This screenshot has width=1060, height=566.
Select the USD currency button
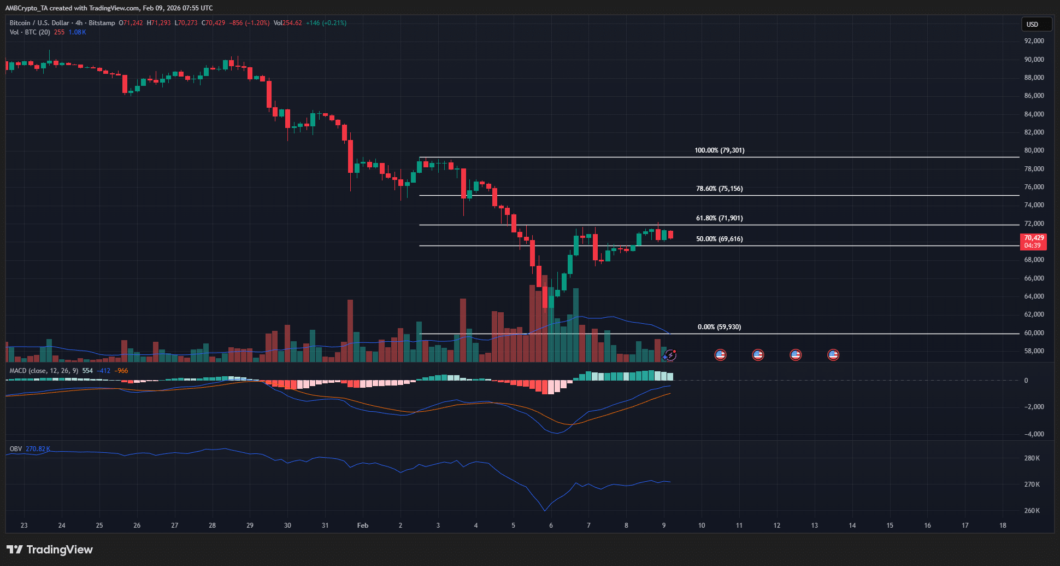pos(1035,24)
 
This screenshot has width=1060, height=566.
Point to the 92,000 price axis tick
pos(1034,41)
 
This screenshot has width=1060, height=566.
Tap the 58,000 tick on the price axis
pos(1034,351)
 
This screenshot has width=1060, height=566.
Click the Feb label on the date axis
pos(363,526)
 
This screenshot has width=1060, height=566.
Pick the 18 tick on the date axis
pos(1003,526)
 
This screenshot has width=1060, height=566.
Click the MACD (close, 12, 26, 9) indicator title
pos(44,371)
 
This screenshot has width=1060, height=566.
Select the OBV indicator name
pos(16,449)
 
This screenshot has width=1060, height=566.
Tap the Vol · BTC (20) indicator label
pos(30,32)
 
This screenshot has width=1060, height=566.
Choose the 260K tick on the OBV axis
pos(1032,511)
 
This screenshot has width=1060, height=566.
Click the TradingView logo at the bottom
pos(50,550)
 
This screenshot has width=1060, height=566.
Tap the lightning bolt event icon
pos(670,355)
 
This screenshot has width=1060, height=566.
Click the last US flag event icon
pos(833,355)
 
